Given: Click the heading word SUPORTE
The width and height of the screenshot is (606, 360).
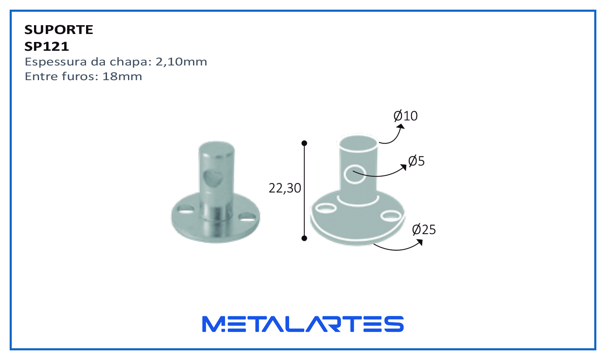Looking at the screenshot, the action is [x=59, y=29].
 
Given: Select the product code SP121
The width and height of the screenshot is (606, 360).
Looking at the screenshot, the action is [x=47, y=47].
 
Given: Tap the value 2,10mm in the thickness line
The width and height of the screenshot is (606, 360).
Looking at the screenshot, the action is [x=181, y=62].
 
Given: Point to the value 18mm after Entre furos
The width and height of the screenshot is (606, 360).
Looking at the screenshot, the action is [x=122, y=76].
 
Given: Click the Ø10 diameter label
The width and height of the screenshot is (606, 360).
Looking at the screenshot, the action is [x=405, y=116].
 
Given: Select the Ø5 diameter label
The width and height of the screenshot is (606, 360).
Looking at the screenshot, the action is [x=416, y=161].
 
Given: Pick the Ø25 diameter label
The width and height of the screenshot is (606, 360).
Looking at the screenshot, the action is [x=424, y=230].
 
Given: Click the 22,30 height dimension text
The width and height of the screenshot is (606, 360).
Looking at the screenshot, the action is [x=285, y=188].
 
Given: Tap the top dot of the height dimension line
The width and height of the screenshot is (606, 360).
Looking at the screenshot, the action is [x=304, y=143].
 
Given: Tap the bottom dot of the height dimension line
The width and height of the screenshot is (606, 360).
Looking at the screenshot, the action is [x=304, y=238].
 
